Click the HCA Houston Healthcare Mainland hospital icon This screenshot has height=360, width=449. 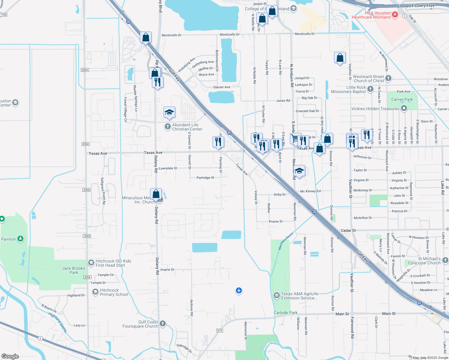point(395,14)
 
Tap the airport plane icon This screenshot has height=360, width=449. point(239,290)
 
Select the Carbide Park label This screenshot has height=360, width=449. point(285,313)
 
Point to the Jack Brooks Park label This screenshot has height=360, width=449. point(74,270)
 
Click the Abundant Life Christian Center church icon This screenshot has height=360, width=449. point(167,127)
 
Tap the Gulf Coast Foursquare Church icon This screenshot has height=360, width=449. point(162,323)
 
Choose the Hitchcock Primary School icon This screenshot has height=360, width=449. point(95,292)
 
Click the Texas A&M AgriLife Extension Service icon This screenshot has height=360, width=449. point(276,296)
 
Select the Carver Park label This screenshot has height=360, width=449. point(402,99)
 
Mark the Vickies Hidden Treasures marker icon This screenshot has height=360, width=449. point(404,108)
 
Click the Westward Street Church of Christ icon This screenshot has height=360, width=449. point(388,78)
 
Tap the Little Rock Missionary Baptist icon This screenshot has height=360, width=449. point(370,89)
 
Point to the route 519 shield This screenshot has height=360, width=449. point(219,331)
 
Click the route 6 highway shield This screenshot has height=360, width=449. point(40,338)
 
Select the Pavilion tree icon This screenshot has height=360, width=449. point(20,239)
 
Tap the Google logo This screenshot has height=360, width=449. point(10,356)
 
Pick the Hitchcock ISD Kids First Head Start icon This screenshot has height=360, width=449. point(91,263)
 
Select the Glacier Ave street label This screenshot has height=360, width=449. point(221,87)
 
